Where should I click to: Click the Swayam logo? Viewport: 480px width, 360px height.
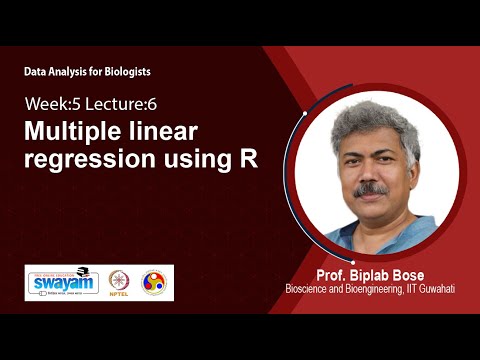pos(63,282)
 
